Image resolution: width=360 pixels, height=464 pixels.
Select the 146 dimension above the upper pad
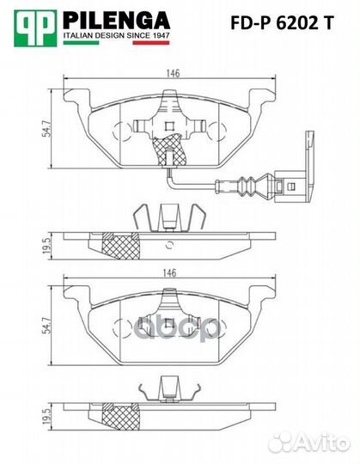click(173, 73)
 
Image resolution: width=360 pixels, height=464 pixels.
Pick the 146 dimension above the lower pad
click(173, 273)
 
